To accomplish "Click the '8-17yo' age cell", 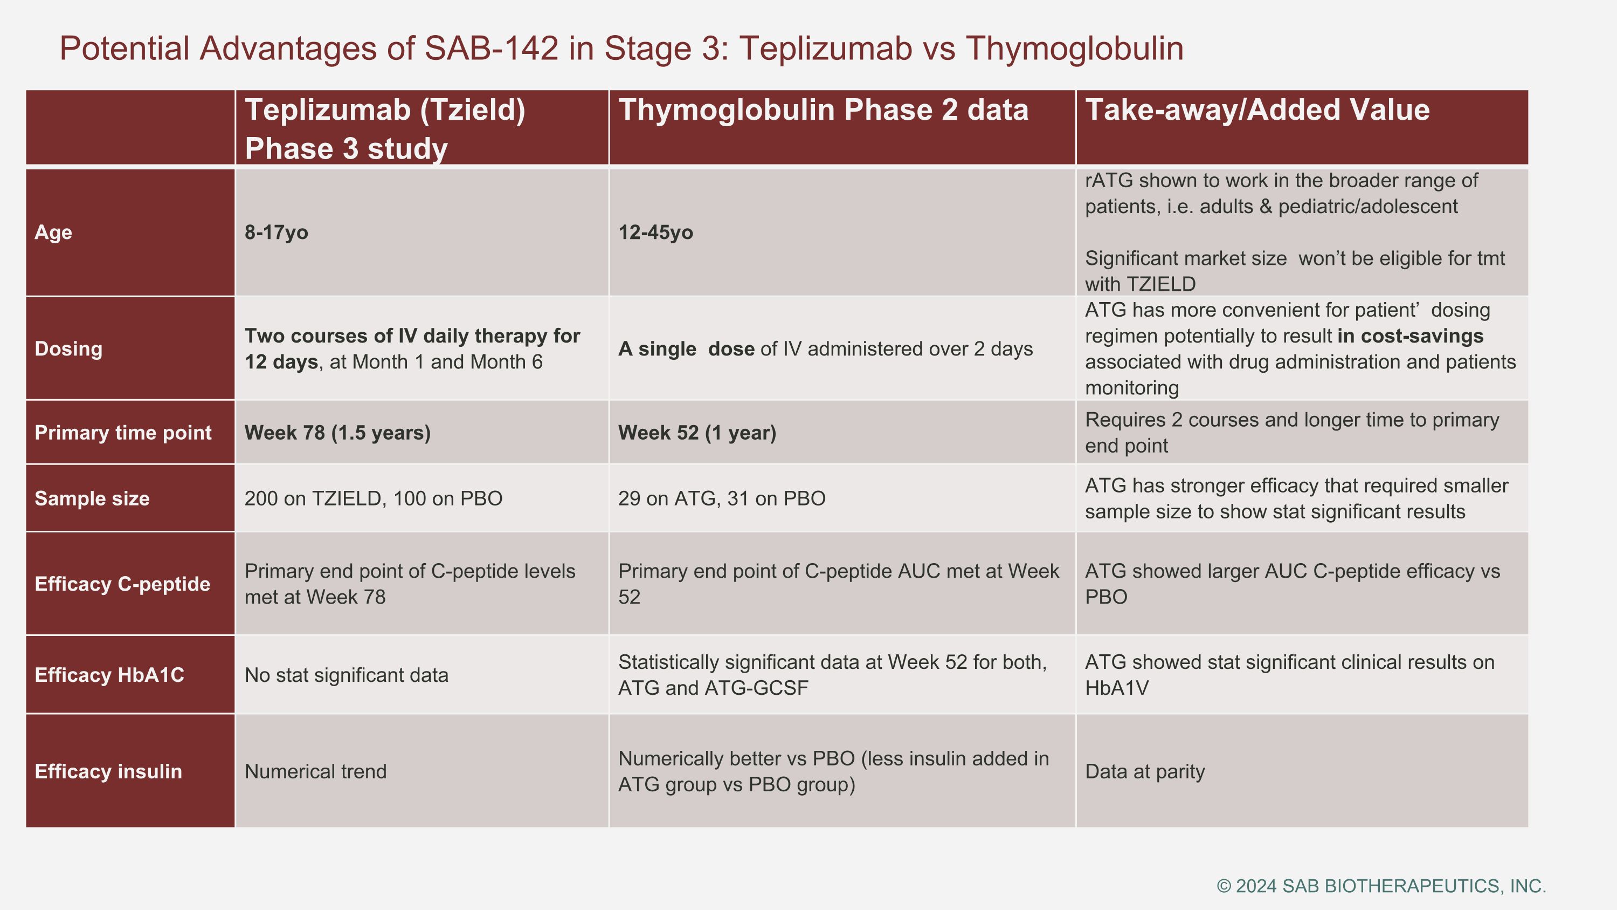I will pos(276,232).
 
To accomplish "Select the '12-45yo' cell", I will pos(655,232).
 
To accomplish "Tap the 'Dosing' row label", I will pos(68,348).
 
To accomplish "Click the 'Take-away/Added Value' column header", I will pos(1257,111).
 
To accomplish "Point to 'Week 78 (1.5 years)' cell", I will pos(337,433).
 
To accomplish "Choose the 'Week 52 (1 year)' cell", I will pos(697,433).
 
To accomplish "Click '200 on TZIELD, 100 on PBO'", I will pos(373,498).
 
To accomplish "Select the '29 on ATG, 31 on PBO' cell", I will pos(721,498).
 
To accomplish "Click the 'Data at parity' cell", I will pos(1144,771).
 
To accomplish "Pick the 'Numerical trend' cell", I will pos(315,771).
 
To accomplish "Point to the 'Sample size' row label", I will pos(92,498).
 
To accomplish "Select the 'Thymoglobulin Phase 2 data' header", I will pos(823,111).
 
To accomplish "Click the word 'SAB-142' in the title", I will pos(492,49).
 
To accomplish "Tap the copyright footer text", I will pos(1381,886).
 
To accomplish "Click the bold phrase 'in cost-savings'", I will pos(1410,336).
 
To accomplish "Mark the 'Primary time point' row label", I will pos(123,433).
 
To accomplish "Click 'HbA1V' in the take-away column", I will pos(1117,688).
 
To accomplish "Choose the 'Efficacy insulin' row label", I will pos(108,771).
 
